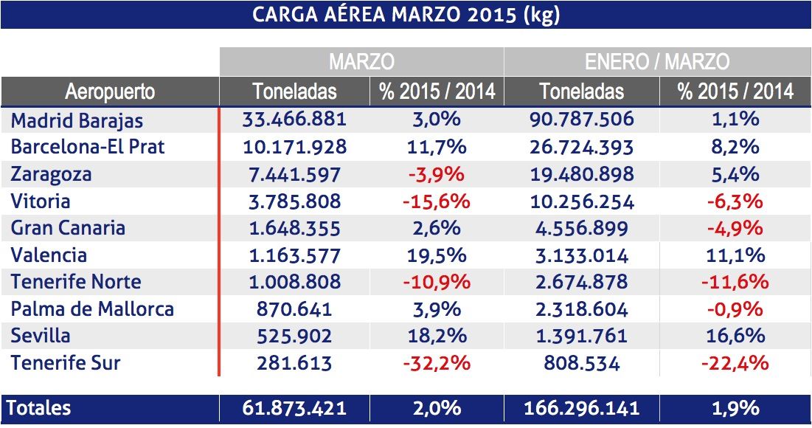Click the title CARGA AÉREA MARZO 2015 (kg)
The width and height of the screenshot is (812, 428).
pyautogui.click(x=406, y=15)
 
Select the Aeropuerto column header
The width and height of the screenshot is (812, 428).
pyautogui.click(x=110, y=92)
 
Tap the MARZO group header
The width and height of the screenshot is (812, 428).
pyautogui.click(x=361, y=61)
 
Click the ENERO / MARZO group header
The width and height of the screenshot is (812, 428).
pyautogui.click(x=656, y=61)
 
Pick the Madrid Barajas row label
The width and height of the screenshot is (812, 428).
pyautogui.click(x=77, y=120)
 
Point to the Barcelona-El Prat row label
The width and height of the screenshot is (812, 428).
pyautogui.click(x=88, y=147)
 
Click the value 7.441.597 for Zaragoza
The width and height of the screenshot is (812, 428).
pyautogui.click(x=294, y=174)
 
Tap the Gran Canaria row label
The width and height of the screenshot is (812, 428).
pyautogui.click(x=68, y=228)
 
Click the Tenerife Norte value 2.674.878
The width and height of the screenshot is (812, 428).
pyautogui.click(x=582, y=282)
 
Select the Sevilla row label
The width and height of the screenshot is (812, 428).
pyautogui.click(x=41, y=336)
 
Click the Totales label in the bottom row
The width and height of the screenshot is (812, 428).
pyautogui.click(x=41, y=408)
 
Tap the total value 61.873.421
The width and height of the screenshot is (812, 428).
pyautogui.click(x=294, y=408)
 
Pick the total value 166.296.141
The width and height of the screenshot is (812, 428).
pyautogui.click(x=582, y=408)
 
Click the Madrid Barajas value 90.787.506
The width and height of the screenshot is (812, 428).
pyautogui.click(x=582, y=120)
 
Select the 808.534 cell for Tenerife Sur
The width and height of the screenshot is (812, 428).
pyautogui.click(x=582, y=363)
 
